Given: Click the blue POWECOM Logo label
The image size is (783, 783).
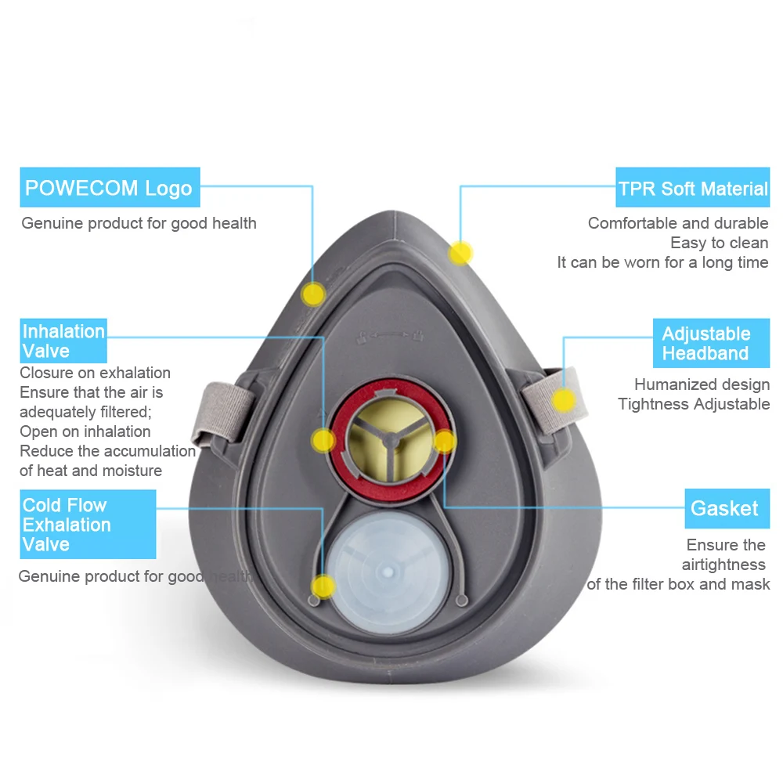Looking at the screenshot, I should point(110,188).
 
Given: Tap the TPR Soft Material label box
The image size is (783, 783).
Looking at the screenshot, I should point(692,189).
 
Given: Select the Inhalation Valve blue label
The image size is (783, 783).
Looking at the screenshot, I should point(63,341).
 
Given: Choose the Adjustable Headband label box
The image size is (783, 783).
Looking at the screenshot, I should point(705,343).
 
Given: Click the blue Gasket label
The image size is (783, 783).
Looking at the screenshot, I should point(724,508).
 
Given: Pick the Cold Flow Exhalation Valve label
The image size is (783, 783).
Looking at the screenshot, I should point(88,525).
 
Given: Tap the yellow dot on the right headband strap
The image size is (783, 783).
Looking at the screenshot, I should point(563,400).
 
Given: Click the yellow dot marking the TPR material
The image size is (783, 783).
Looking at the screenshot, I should point(460,253).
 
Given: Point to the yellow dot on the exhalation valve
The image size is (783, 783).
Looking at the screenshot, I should point(323,586).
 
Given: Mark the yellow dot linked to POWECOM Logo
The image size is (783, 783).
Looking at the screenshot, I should point(314,294).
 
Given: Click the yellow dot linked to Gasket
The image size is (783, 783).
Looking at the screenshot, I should point(444,441).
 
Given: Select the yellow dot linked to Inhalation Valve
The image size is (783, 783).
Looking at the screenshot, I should point(323,440).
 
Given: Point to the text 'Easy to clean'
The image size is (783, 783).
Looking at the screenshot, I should point(719,243).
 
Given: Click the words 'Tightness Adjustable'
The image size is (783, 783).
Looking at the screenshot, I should point(693,404).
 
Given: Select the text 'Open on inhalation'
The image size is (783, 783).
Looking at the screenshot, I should point(85,431).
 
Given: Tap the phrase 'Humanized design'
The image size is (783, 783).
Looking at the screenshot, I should point(702,384).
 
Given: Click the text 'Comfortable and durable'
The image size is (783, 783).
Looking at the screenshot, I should point(678,223).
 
